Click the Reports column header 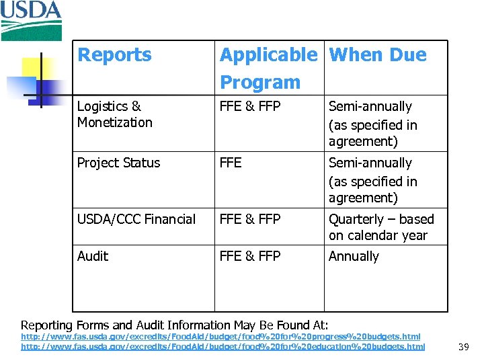pyautogui.click(x=114, y=55)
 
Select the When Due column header pyautogui.click(x=378, y=55)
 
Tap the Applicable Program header pyautogui.click(x=268, y=68)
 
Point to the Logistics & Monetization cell pyautogui.click(x=114, y=114)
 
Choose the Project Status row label pyautogui.click(x=118, y=163)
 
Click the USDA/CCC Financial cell pyautogui.click(x=136, y=219)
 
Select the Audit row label pyautogui.click(x=93, y=256)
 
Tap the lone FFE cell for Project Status pyautogui.click(x=231, y=163)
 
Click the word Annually pyautogui.click(x=354, y=256)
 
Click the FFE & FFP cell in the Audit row pyautogui.click(x=250, y=256)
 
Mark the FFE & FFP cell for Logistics pyautogui.click(x=250, y=106)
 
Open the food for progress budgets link pyautogui.click(x=220, y=336)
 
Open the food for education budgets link pyautogui.click(x=223, y=346)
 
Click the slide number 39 pyautogui.click(x=463, y=347)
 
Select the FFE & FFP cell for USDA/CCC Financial pyautogui.click(x=250, y=219)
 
